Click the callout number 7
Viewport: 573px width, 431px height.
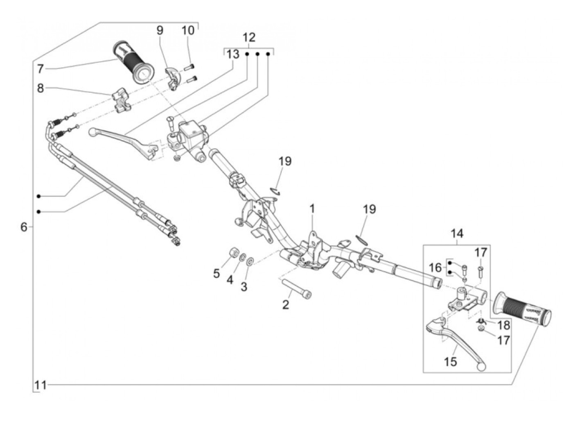pyautogui.click(x=40, y=69)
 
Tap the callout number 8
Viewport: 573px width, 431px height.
pyautogui.click(x=40, y=88)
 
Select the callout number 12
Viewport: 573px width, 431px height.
pyautogui.click(x=249, y=37)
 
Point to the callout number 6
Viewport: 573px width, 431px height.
pyautogui.click(x=24, y=227)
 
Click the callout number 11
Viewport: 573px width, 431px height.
pyautogui.click(x=41, y=385)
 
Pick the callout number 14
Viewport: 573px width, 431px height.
pyautogui.click(x=457, y=233)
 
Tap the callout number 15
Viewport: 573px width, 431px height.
pyautogui.click(x=451, y=362)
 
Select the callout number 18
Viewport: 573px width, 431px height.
pyautogui.click(x=503, y=325)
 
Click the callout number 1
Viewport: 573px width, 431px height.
pyautogui.click(x=312, y=209)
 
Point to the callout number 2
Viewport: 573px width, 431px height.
pyautogui.click(x=286, y=304)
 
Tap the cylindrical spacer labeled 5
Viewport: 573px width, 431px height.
pyautogui.click(x=233, y=253)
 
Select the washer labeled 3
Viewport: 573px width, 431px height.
pyautogui.click(x=250, y=261)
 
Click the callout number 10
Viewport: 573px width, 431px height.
pyautogui.click(x=188, y=31)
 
